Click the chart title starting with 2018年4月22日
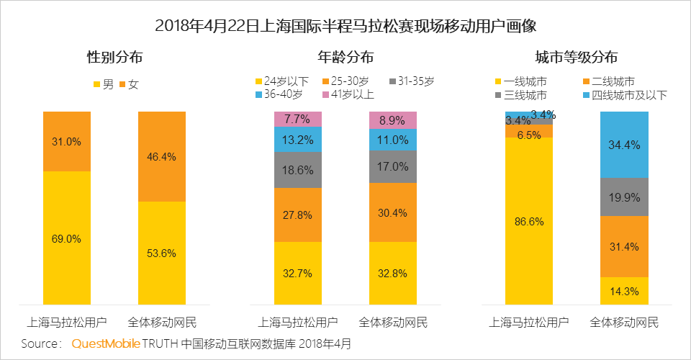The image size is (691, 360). click(345, 27)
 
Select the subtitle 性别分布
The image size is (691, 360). click(115, 57)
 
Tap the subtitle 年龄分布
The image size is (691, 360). click(345, 57)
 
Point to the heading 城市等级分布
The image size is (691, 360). click(576, 57)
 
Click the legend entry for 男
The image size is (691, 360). click(104, 84)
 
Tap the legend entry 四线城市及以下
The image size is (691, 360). click(625, 94)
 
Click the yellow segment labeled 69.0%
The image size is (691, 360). click(66, 238)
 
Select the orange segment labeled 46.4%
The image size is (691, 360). click(161, 156)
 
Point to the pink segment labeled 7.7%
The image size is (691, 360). click(297, 119)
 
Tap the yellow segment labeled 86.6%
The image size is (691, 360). click(528, 220)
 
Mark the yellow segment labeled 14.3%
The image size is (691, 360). click(624, 291)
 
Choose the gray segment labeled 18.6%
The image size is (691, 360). click(297, 170)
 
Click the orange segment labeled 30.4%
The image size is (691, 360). click(392, 212)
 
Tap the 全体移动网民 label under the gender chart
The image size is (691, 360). click(161, 322)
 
